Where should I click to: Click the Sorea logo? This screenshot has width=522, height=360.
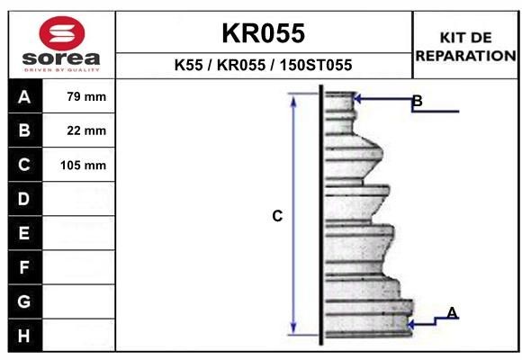[x=60, y=44]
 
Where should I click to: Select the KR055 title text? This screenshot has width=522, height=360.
[x=264, y=33]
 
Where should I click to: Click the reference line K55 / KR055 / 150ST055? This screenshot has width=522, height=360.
[x=263, y=66]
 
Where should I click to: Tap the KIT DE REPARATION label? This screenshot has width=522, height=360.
[x=465, y=47]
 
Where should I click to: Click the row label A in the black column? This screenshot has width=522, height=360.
[x=24, y=97]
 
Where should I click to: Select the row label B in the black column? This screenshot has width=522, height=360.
[x=24, y=130]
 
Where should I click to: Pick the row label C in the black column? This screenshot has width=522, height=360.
[x=24, y=165]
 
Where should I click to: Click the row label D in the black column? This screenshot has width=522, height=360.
[x=24, y=199]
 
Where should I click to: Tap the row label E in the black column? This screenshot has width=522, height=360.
[x=24, y=233]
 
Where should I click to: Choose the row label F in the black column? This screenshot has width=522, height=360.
[x=24, y=267]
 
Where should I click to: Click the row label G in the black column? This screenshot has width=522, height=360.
[x=24, y=301]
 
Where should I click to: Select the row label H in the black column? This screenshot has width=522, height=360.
[x=24, y=335]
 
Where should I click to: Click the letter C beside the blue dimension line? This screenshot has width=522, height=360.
[x=277, y=216]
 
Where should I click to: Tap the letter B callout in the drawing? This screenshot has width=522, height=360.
[x=417, y=101]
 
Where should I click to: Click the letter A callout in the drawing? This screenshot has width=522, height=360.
[x=452, y=313]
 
